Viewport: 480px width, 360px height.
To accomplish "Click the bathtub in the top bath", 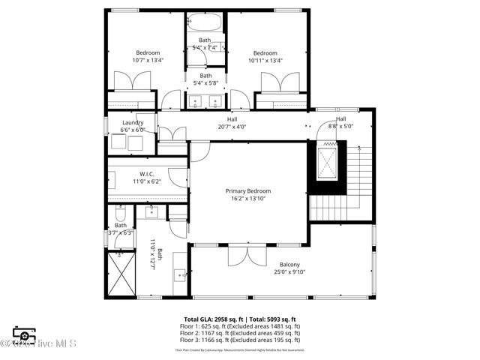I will click(205, 22).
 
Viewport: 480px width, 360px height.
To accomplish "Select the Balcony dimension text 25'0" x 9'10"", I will click(289, 273).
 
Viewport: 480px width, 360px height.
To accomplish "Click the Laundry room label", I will click(133, 122).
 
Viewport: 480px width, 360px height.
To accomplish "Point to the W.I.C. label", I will click(146, 174).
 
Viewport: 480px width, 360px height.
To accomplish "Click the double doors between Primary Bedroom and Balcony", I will click(247, 255).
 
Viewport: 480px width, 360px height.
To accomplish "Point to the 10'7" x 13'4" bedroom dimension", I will click(148, 61).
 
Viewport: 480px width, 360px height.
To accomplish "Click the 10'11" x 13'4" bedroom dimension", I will click(265, 61).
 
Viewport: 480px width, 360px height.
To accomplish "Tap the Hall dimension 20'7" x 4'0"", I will click(232, 127).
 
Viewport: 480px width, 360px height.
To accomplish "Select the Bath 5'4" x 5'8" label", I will click(205, 79).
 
